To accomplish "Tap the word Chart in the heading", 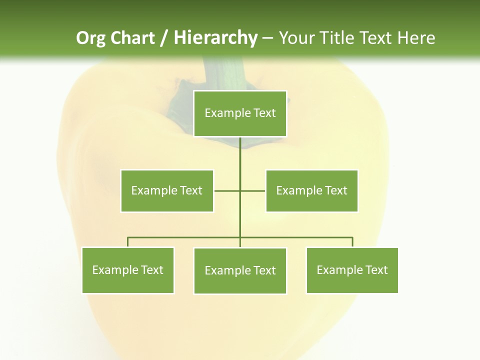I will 133,38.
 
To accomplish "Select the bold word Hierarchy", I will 215,38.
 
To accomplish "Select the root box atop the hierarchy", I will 240,113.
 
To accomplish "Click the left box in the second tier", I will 167,190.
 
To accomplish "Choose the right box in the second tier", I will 312,190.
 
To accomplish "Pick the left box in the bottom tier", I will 128,270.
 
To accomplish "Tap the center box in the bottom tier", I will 240,270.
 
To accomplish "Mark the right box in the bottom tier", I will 352,270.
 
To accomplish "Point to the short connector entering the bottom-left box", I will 128,242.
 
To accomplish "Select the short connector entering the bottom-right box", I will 352,242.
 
